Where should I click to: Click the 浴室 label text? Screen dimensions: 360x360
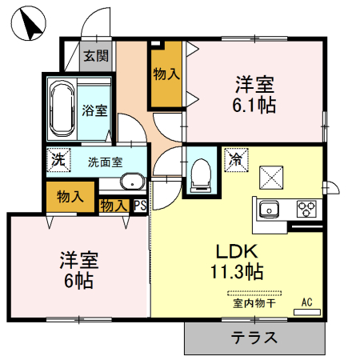95,111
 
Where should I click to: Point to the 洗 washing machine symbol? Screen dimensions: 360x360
58,159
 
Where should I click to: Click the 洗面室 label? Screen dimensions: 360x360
106,161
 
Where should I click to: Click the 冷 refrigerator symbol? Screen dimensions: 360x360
236,158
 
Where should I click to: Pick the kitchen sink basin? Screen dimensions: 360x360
268,210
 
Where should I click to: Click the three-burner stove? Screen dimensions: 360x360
306,209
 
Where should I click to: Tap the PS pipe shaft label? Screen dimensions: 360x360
140,206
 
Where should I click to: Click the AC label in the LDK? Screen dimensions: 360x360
306,302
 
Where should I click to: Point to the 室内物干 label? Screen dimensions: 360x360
254,303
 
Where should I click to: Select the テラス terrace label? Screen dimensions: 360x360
255,338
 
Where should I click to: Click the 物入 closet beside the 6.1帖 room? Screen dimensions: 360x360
166,74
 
